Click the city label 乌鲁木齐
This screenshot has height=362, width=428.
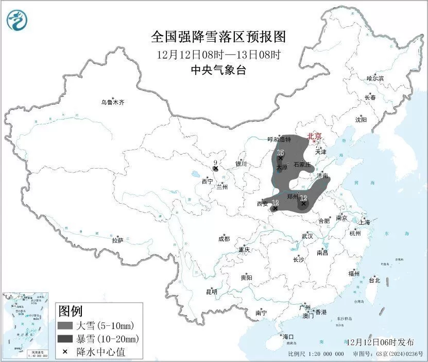tap(112, 103)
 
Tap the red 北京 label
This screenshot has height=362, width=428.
tap(314, 136)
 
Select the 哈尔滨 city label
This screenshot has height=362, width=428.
tap(375, 78)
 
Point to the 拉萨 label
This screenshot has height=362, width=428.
tap(117, 240)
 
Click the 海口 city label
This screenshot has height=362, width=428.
tap(288, 337)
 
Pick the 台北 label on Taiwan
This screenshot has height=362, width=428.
tap(374, 281)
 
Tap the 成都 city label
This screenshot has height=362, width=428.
tap(224, 239)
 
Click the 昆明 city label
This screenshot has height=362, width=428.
tap(212, 291)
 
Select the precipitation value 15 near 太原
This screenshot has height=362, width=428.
tap(280, 153)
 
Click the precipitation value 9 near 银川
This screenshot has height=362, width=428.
tap(215, 162)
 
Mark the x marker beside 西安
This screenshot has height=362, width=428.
tap(275, 209)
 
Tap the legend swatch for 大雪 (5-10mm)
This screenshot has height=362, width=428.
tap(65, 326)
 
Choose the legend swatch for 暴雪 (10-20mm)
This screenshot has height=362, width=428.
tap(65, 339)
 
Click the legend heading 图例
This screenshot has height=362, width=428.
tap(71, 311)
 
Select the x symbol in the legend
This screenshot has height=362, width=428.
tap(65, 352)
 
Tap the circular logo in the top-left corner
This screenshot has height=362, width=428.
tap(17, 21)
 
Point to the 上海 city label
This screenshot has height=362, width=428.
tap(365, 222)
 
